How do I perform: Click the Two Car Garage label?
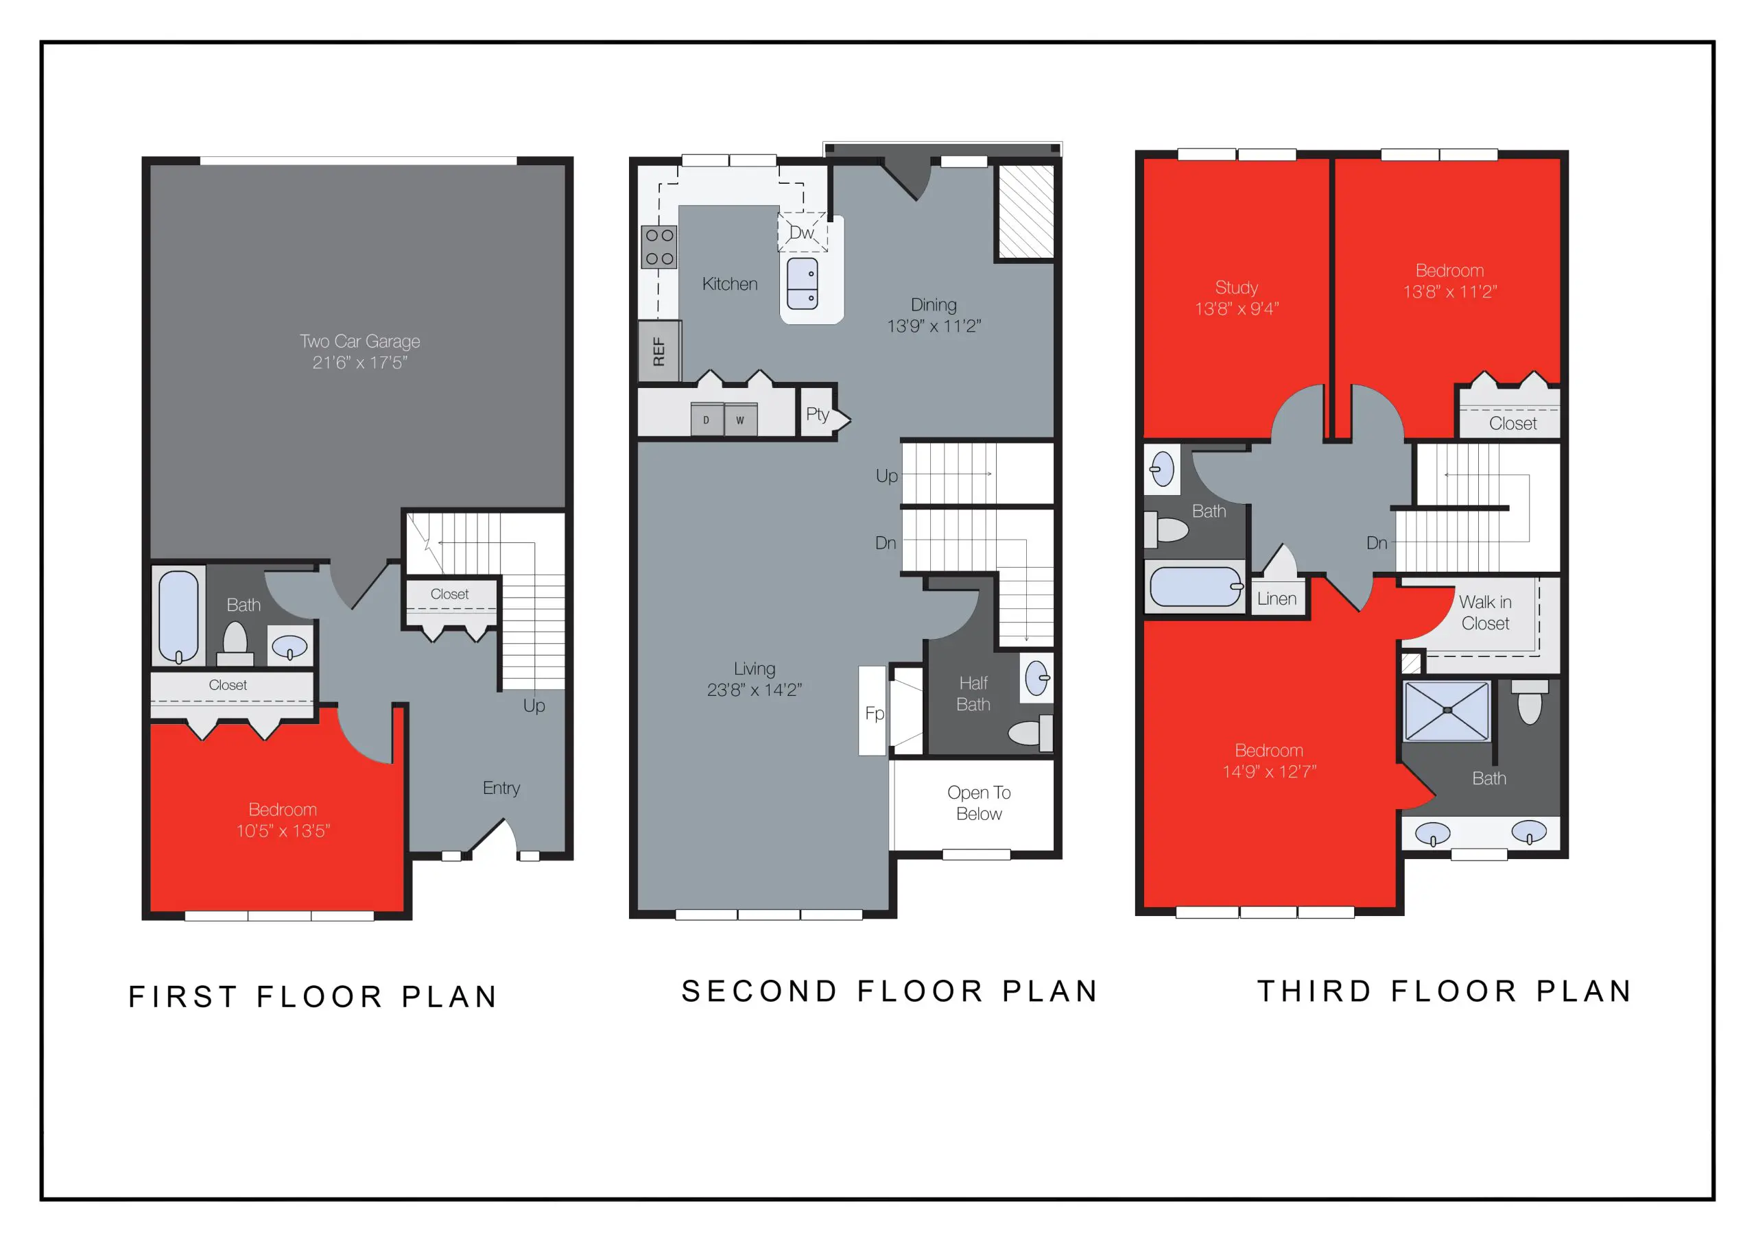359,352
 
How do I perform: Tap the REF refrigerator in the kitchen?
658,352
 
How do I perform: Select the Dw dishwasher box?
802,232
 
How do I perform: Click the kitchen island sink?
803,284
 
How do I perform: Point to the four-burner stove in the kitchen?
658,247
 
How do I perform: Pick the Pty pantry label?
817,414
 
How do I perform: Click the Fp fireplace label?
874,713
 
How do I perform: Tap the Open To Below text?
978,803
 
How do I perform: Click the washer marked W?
740,420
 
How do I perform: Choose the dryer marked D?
706,420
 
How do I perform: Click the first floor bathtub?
178,616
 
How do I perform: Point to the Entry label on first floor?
501,788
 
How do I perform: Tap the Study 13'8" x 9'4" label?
1236,298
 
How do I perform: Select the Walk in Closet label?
1484,612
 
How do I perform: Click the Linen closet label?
1277,599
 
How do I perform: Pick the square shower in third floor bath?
1446,711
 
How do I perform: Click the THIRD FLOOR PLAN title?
1445,991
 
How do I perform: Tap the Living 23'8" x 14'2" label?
754,679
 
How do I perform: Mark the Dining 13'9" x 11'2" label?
933,315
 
